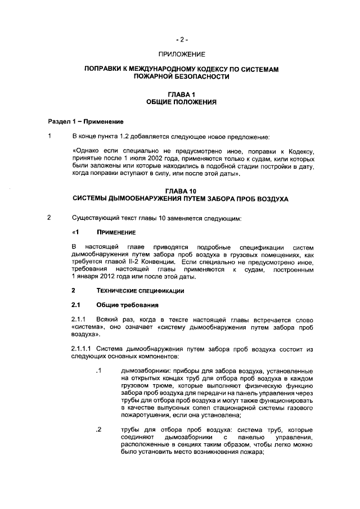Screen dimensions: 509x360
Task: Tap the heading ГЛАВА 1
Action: pyautogui.click(x=181, y=96)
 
